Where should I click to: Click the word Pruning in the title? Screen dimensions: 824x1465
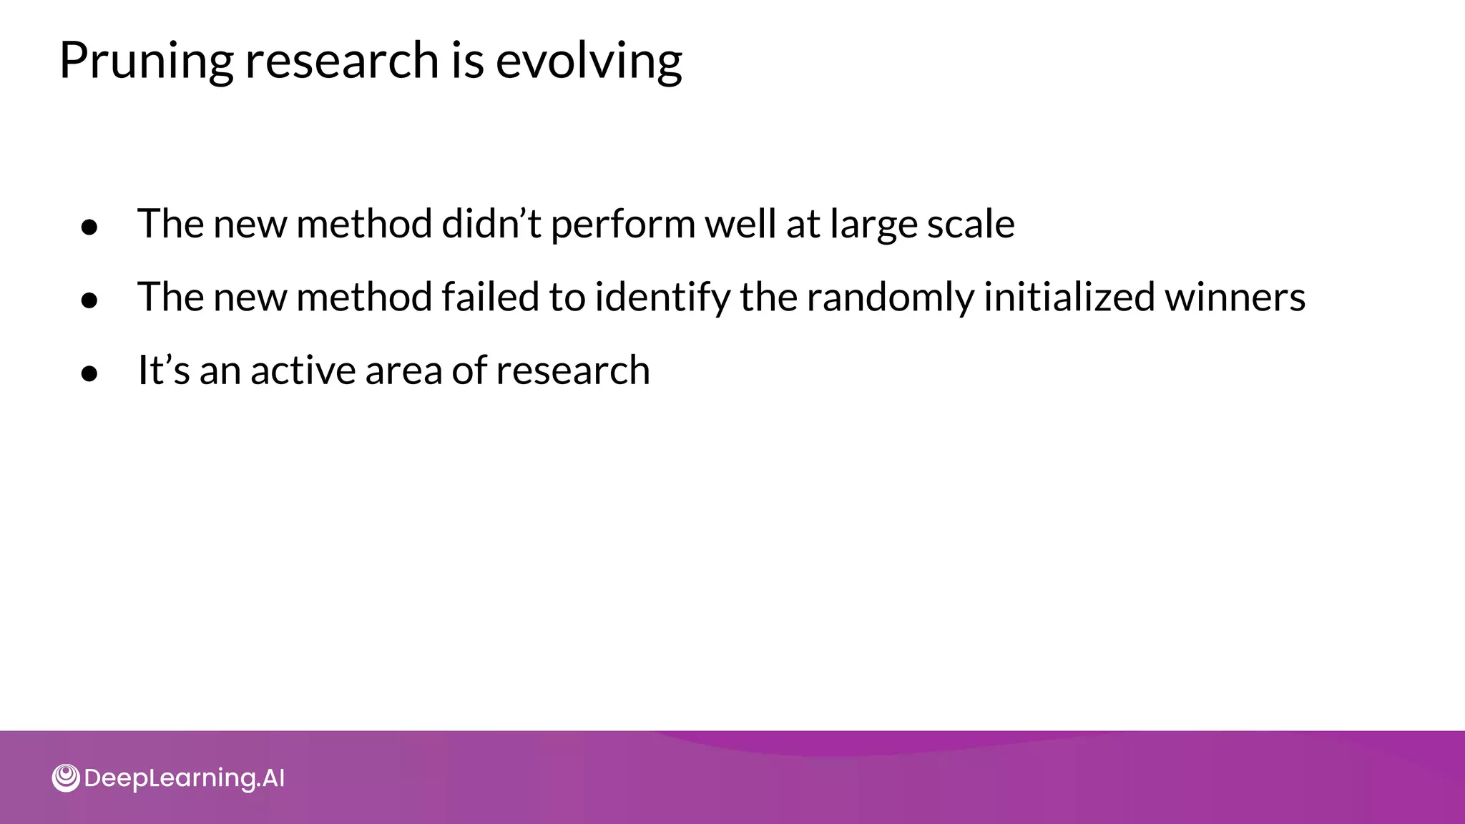coord(146,61)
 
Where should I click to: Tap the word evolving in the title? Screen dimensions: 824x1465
coord(589,61)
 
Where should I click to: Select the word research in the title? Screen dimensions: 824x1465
coord(342,61)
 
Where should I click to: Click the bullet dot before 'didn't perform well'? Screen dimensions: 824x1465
coord(89,227)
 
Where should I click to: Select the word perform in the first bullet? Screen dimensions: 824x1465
coord(622,224)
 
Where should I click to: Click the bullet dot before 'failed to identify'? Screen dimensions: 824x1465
coord(89,301)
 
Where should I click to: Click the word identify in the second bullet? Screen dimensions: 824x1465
coord(662,297)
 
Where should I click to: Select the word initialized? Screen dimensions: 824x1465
coord(1069,297)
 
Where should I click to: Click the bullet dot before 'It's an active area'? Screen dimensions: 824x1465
coord(89,373)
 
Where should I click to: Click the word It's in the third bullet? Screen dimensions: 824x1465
coord(163,371)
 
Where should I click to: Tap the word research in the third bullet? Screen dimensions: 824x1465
coord(572,371)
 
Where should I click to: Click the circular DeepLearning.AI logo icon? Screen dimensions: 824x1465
coord(66,778)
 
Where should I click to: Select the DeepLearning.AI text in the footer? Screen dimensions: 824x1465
coord(185,778)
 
